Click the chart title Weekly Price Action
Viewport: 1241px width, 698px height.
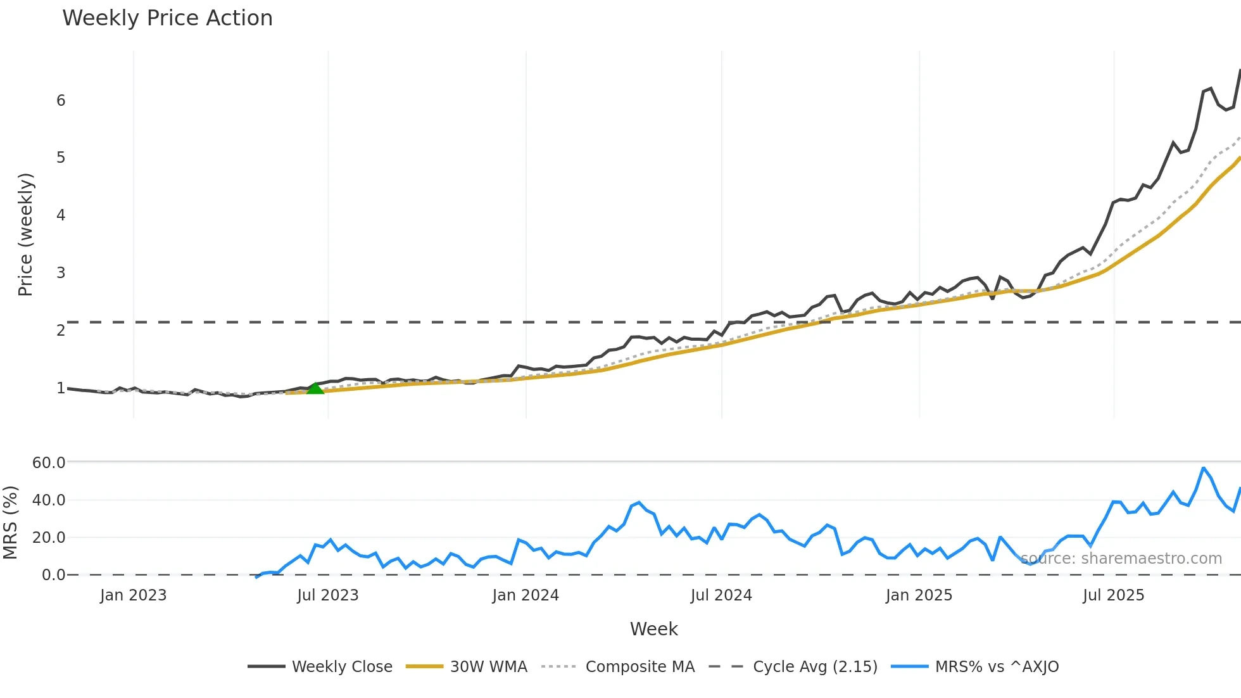[x=167, y=18]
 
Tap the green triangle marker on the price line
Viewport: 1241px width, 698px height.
[x=315, y=388]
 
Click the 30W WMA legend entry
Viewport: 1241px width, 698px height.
[x=467, y=666]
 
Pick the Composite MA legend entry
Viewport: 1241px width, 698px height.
[x=619, y=666]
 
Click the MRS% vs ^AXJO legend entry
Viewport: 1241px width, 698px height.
[x=975, y=666]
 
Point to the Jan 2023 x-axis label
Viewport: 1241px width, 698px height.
[x=133, y=595]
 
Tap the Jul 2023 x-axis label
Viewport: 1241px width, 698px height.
[x=328, y=595]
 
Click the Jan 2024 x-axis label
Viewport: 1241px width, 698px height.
[x=526, y=595]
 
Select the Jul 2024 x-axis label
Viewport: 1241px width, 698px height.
[x=721, y=595]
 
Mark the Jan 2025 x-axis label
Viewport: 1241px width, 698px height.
[x=919, y=595]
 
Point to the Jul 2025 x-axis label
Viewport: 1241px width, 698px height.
[x=1113, y=595]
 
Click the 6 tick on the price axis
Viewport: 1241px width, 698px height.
[x=61, y=100]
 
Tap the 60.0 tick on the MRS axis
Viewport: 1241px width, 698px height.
[x=49, y=462]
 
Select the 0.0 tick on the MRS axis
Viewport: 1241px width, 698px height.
[x=53, y=574]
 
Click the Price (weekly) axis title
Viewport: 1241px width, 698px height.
[x=25, y=234]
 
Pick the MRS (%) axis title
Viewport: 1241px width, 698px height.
[x=10, y=523]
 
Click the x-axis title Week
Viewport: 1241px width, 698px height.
[x=653, y=629]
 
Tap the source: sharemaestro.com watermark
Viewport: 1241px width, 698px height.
[x=1121, y=559]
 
